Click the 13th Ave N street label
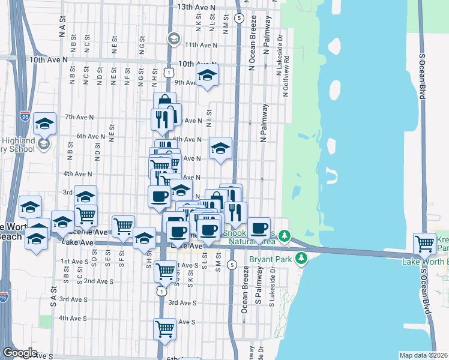(x=196, y=7)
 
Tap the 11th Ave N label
(x=200, y=45)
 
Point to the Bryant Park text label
(x=268, y=261)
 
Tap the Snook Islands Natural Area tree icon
(x=287, y=236)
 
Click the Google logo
(x=20, y=353)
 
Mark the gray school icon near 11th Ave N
(x=173, y=38)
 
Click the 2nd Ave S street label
(x=99, y=281)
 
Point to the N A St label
(x=61, y=29)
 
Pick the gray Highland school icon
(x=43, y=144)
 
